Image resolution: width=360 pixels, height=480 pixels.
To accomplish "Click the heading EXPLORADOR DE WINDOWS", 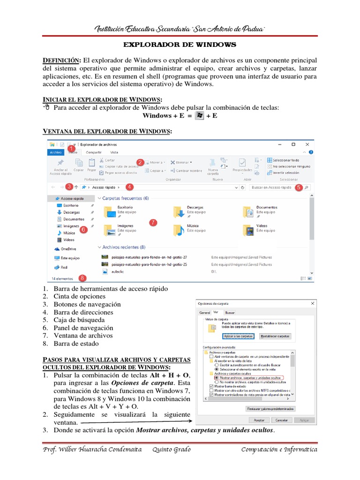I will [180, 45].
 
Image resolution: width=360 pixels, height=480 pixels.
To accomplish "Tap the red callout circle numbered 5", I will [299, 187].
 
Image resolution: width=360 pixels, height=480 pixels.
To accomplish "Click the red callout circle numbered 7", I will [153, 223].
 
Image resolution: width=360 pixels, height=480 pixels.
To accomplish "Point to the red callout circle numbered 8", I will [83, 278].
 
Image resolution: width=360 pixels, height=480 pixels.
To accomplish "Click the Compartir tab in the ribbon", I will [94, 152].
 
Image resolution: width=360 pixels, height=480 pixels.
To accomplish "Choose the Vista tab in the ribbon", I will [114, 152].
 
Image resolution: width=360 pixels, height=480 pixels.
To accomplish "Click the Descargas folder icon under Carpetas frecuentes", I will [179, 212].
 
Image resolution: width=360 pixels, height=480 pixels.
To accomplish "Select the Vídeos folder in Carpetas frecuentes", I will [248, 229].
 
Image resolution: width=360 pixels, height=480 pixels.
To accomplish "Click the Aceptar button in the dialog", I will [259, 420].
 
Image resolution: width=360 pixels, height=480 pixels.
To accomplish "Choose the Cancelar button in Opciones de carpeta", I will [281, 420].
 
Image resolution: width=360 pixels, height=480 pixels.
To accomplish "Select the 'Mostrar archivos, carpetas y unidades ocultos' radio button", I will [216, 377].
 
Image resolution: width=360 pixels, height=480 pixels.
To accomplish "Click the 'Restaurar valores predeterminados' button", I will [270, 409].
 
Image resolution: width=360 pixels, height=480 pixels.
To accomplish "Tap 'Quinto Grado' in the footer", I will [172, 450].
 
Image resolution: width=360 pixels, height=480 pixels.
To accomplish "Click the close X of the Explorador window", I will [307, 144].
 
